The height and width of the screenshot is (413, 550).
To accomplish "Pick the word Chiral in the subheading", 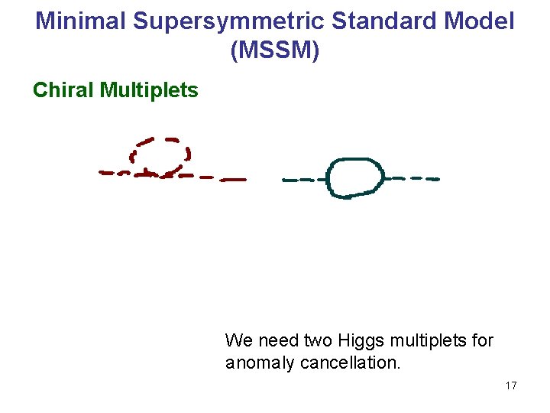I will [x=63, y=90].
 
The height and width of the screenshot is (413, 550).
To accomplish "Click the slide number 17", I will [x=511, y=385].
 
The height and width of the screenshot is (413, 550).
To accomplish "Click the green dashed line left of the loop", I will [x=303, y=180].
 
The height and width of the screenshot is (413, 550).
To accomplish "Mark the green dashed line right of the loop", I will [x=412, y=178].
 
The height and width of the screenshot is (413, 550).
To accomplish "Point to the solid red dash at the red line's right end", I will [x=234, y=180].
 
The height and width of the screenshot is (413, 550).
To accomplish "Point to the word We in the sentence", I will [x=237, y=340].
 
